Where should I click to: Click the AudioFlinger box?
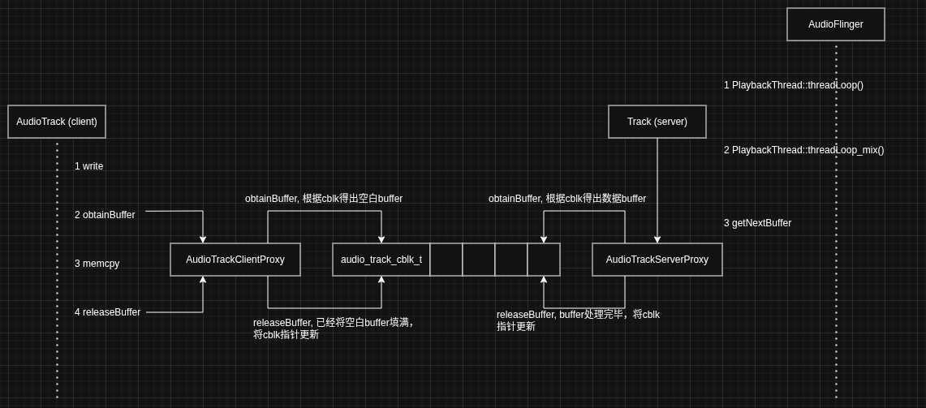pyautogui.click(x=835, y=24)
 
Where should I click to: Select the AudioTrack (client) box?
pyautogui.click(x=57, y=122)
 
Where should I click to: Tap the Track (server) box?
pyautogui.click(x=657, y=122)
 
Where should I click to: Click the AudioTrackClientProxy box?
pyautogui.click(x=235, y=260)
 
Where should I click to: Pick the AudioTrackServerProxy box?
pyautogui.click(x=657, y=260)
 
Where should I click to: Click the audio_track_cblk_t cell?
pyautogui.click(x=381, y=260)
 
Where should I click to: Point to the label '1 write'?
pyautogui.click(x=88, y=166)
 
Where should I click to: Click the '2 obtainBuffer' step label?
pyautogui.click(x=105, y=215)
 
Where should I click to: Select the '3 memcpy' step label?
pyautogui.click(x=97, y=264)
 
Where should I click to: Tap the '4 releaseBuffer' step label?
pyautogui.click(x=107, y=312)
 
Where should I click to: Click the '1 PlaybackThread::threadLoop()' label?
pyautogui.click(x=793, y=85)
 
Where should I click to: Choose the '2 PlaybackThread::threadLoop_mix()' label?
pyautogui.click(x=803, y=150)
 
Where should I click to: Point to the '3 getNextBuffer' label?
pyautogui.click(x=757, y=223)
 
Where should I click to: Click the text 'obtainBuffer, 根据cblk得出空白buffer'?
pyautogui.click(x=324, y=199)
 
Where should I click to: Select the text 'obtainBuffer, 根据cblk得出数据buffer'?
pyautogui.click(x=567, y=199)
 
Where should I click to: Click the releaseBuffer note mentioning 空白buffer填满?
pyautogui.click(x=334, y=328)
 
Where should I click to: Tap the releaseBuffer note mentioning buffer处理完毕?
pyautogui.click(x=578, y=320)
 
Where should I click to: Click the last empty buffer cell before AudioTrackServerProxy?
pyautogui.click(x=544, y=260)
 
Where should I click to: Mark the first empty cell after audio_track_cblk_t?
pyautogui.click(x=446, y=260)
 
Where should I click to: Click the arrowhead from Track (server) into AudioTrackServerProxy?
pyautogui.click(x=657, y=239)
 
